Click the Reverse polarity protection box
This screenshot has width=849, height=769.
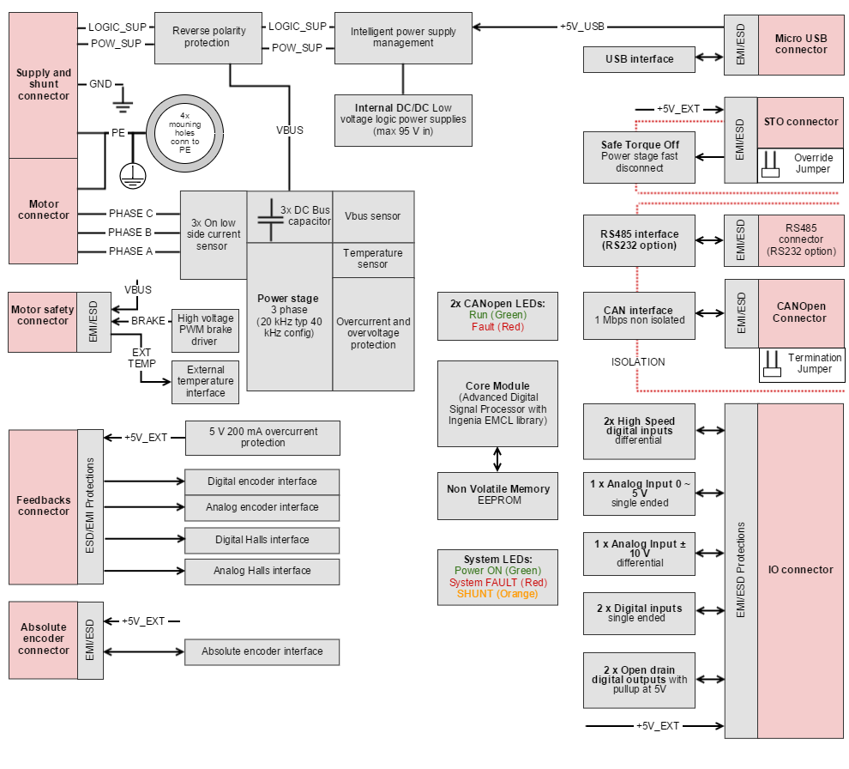208,37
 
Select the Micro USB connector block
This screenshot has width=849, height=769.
801,44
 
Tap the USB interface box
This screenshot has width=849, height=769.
639,59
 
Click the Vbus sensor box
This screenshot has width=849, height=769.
372,216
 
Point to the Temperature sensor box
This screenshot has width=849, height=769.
372,258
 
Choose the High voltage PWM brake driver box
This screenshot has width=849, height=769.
205,330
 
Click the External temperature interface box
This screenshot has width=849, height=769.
205,381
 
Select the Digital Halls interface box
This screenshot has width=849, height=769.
262,540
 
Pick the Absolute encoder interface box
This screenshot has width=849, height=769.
262,651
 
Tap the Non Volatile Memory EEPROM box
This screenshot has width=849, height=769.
497,495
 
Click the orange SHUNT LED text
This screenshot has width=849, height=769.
497,594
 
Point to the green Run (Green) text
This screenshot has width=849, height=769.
497,315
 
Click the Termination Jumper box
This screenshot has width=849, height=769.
802,364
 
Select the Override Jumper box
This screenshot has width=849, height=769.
801,164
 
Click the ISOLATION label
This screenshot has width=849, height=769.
637,362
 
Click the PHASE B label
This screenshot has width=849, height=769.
130,233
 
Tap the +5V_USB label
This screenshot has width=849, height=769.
582,26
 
